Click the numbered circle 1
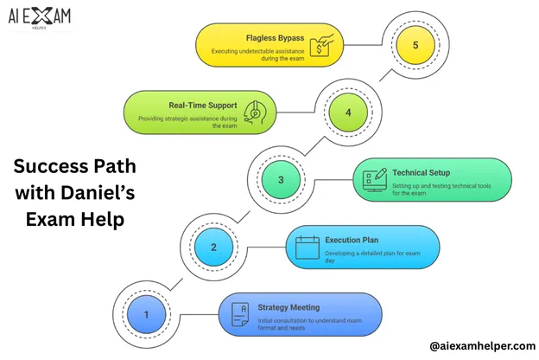tap(147, 315)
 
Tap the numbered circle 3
tap(281, 180)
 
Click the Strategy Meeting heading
tap(289, 307)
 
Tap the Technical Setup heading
tap(421, 172)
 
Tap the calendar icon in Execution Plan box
tap(308, 247)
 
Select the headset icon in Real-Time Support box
tap(257, 112)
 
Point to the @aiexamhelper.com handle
tap(482, 346)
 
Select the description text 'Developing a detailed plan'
tap(363, 253)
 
